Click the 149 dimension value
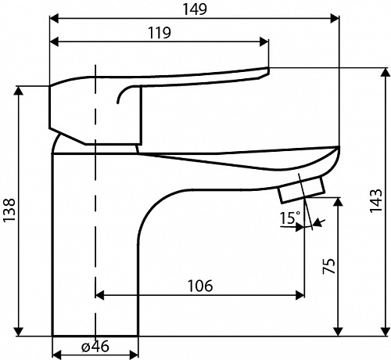tap(195, 9)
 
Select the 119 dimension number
tap(160, 33)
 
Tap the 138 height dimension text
tap(9, 210)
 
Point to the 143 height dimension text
tap(376, 200)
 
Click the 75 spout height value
tap(329, 266)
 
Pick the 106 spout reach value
tap(200, 286)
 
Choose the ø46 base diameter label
tap(95, 347)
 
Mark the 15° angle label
tap(290, 218)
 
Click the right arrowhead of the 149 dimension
tap(335, 19)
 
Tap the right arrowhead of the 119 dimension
tap(264, 41)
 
